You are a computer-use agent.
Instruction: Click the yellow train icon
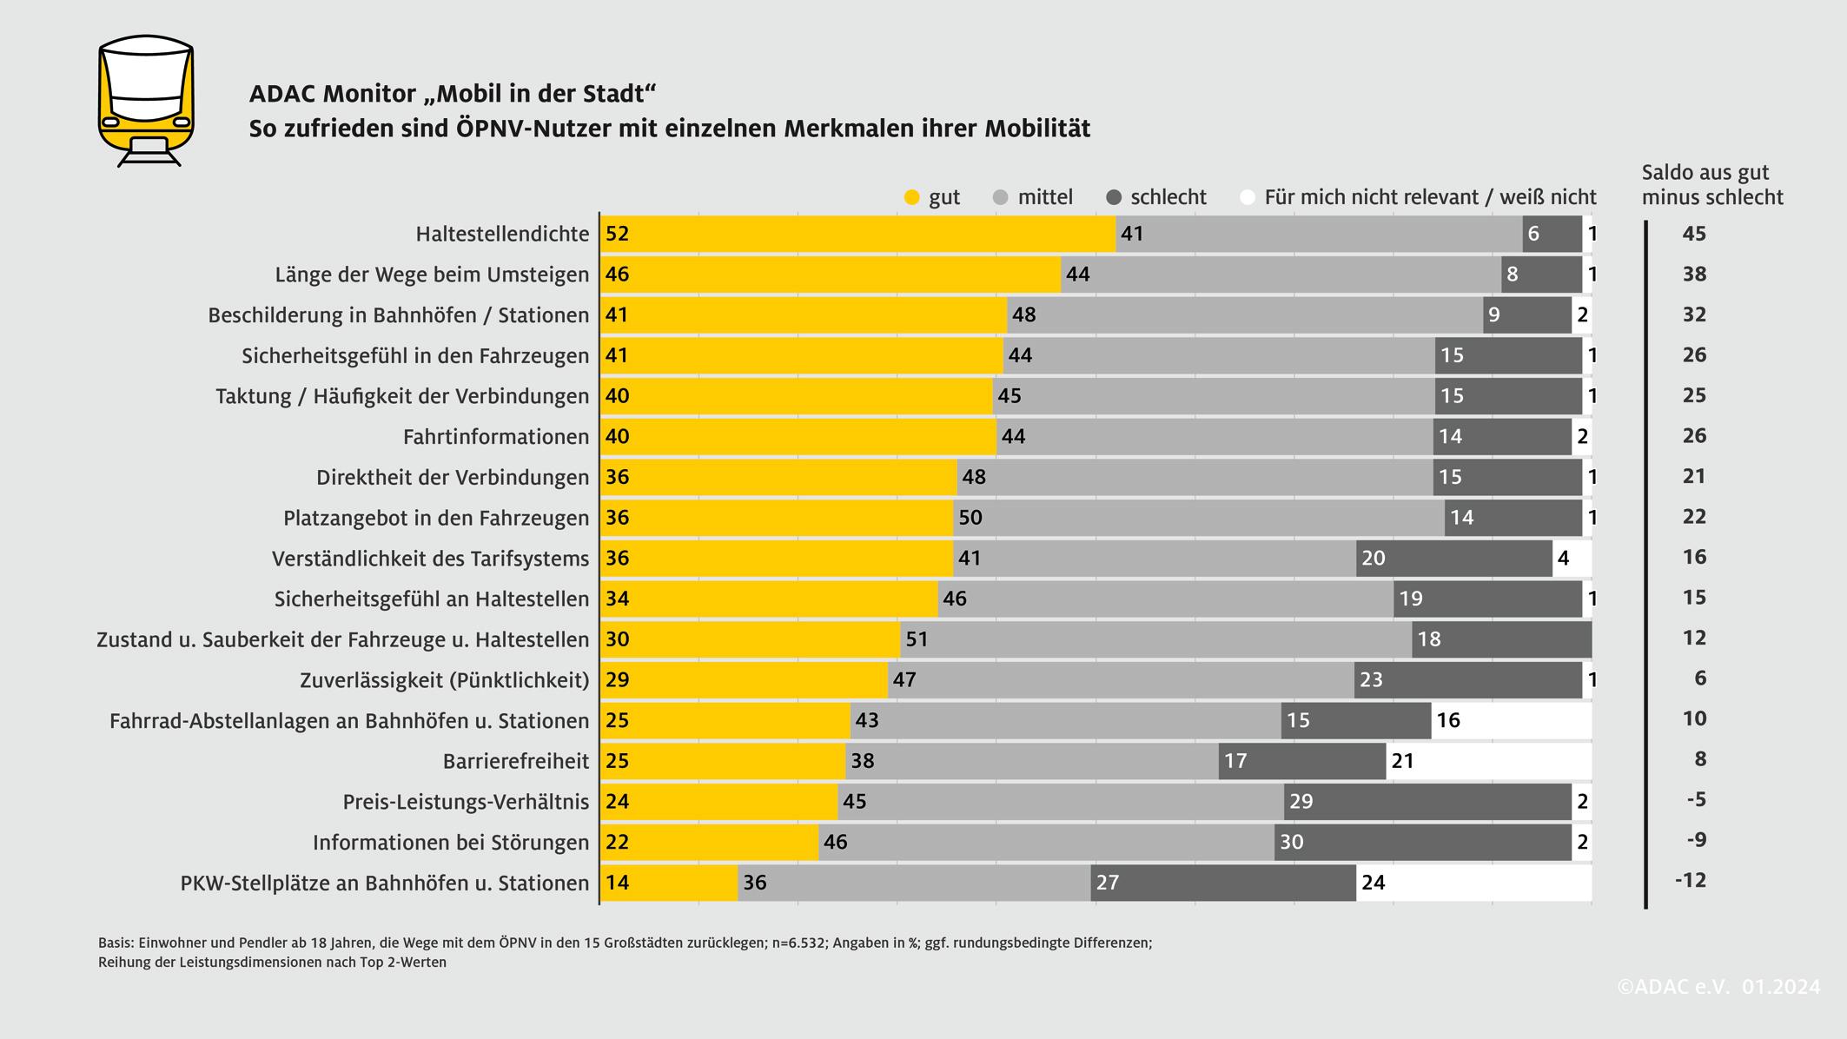coord(146,100)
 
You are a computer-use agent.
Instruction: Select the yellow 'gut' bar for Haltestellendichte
coord(857,234)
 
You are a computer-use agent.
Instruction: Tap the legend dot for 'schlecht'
coord(1114,198)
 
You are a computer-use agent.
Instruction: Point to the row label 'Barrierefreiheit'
coord(516,762)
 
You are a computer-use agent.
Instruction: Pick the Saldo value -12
coord(1691,881)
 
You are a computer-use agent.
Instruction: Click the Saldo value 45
coord(1694,234)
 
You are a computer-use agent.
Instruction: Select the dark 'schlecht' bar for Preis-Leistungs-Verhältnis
coord(1427,801)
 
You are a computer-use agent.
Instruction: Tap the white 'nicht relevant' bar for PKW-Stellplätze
coord(1473,883)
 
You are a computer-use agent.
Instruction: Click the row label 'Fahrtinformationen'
coord(496,437)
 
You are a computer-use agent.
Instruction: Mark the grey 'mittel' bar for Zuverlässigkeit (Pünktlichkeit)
coord(1121,679)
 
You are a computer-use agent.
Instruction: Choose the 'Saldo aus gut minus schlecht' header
coord(1711,185)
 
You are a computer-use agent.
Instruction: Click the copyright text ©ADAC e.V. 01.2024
coord(1718,987)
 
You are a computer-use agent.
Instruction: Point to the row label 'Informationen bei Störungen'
coord(451,843)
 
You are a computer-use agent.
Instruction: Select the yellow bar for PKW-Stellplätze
coord(669,883)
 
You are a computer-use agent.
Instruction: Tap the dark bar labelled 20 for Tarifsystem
coord(1454,558)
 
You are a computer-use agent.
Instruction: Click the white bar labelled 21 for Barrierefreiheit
coord(1489,761)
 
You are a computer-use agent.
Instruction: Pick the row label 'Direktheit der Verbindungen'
coord(453,478)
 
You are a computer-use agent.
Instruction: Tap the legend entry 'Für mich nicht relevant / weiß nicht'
coord(1429,197)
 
